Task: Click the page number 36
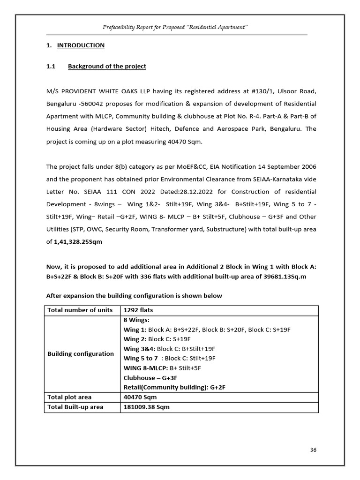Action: (313, 450)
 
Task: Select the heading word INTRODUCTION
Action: (81, 45)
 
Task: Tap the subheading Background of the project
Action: (107, 66)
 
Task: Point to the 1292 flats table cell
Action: (138, 310)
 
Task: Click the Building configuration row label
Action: (81, 354)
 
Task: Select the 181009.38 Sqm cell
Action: (146, 407)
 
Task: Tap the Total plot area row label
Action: (69, 397)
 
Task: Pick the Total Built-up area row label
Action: (75, 407)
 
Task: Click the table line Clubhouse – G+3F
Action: (150, 377)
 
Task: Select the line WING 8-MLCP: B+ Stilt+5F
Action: (162, 368)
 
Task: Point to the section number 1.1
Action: (51, 66)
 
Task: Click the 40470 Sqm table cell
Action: (140, 397)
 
